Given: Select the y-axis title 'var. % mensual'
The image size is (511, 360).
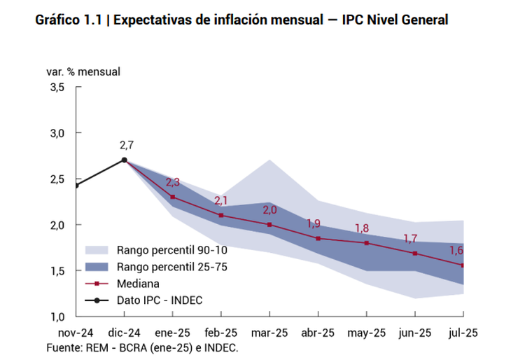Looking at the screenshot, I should [x=83, y=71].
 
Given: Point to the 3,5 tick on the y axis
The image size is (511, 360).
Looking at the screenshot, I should [x=57, y=87].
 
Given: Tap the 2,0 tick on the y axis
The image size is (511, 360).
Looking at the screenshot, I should [x=57, y=225].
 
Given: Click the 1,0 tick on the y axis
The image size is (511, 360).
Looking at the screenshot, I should [x=57, y=317].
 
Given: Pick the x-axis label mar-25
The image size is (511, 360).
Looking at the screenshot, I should [x=269, y=333].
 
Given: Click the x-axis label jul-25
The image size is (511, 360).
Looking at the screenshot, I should [x=462, y=333].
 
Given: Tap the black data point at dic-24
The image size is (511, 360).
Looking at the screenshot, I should [x=124, y=160].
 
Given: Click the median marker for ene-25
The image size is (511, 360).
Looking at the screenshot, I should [x=172, y=197].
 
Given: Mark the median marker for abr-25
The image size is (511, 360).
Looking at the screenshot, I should [x=318, y=238].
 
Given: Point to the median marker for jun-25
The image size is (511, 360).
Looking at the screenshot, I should [x=414, y=253].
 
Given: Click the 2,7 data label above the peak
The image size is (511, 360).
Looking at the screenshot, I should [x=127, y=146].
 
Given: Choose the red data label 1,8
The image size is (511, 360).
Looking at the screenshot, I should [x=361, y=228].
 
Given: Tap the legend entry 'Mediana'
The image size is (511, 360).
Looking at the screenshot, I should [x=139, y=284].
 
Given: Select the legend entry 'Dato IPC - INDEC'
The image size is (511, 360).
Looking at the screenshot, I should [x=159, y=300].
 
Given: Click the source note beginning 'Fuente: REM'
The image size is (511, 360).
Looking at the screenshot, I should [x=143, y=347].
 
